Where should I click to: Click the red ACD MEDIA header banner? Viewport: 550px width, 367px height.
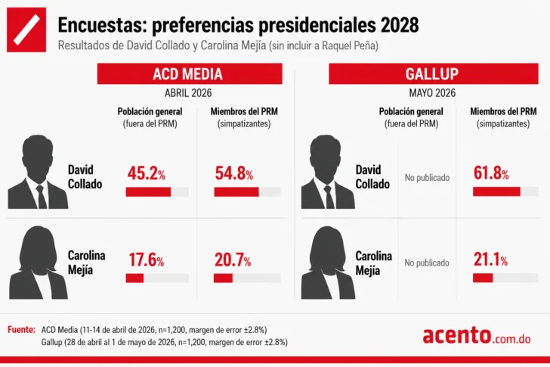coord(190,73)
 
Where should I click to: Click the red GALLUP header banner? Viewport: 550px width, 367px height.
coord(433,73)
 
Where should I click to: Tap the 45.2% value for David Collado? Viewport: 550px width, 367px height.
coord(147,173)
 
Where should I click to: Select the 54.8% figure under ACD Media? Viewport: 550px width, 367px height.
coord(234,173)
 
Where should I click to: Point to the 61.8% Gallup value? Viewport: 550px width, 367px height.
coord(491,173)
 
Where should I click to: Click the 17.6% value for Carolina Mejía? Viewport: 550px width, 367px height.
coord(147,260)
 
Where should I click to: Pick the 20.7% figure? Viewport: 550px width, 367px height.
coord(233,260)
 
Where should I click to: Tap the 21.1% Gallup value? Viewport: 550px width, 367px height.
coord(490,260)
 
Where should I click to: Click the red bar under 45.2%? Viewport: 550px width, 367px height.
coord(148,191)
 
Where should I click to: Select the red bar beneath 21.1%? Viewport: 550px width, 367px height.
coord(483,278)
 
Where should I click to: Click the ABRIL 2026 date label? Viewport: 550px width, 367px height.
coord(188,93)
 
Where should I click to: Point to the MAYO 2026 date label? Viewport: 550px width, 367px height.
coord(432,93)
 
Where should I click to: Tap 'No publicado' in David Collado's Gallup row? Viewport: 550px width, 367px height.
coord(428,178)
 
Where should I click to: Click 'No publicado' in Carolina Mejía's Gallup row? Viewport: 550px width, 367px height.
coord(427,263)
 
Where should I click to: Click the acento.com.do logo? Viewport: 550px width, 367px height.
coord(477,335)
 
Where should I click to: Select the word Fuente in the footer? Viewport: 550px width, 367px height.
coord(21,330)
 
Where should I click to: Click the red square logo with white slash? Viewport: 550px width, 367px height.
coord(26,30)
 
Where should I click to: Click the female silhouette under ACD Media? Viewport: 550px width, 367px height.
coord(39,263)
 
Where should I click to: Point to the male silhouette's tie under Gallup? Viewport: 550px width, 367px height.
coord(329,197)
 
